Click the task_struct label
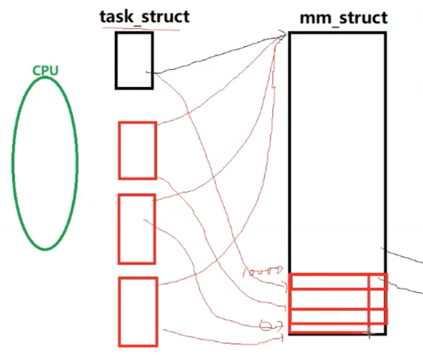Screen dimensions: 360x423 (x=144, y=16)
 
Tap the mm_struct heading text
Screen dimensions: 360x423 (x=343, y=17)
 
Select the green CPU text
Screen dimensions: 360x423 (x=45, y=71)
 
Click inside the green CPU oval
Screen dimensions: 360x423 (x=45, y=164)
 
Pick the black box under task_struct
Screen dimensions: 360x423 (x=134, y=60)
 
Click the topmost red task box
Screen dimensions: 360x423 (x=138, y=150)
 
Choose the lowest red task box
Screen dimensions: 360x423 (x=138, y=312)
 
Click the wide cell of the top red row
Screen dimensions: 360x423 (x=329, y=281)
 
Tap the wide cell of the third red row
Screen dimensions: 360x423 (x=329, y=316)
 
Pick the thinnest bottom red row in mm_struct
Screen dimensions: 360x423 (x=329, y=328)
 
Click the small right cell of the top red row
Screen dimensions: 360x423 (x=378, y=281)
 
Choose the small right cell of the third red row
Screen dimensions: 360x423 (x=378, y=316)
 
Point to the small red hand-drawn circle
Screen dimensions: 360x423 (x=266, y=326)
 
